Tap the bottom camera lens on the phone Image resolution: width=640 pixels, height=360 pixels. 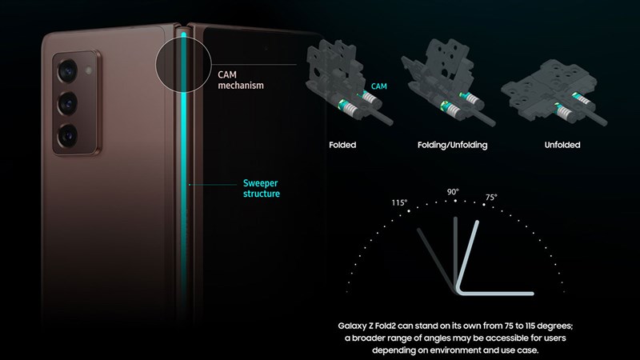pyautogui.click(x=66, y=131)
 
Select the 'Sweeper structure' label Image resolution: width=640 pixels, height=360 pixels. pyautogui.click(x=262, y=188)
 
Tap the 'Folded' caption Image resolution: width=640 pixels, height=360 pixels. pyautogui.click(x=342, y=146)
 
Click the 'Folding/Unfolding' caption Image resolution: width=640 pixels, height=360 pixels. pyautogui.click(x=453, y=146)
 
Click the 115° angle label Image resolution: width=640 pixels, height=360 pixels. pyautogui.click(x=400, y=202)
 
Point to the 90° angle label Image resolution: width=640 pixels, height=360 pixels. pyautogui.click(x=453, y=192)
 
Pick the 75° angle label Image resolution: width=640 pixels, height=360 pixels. pyautogui.click(x=490, y=197)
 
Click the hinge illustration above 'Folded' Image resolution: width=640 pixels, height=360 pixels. pyautogui.click(x=344, y=84)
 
